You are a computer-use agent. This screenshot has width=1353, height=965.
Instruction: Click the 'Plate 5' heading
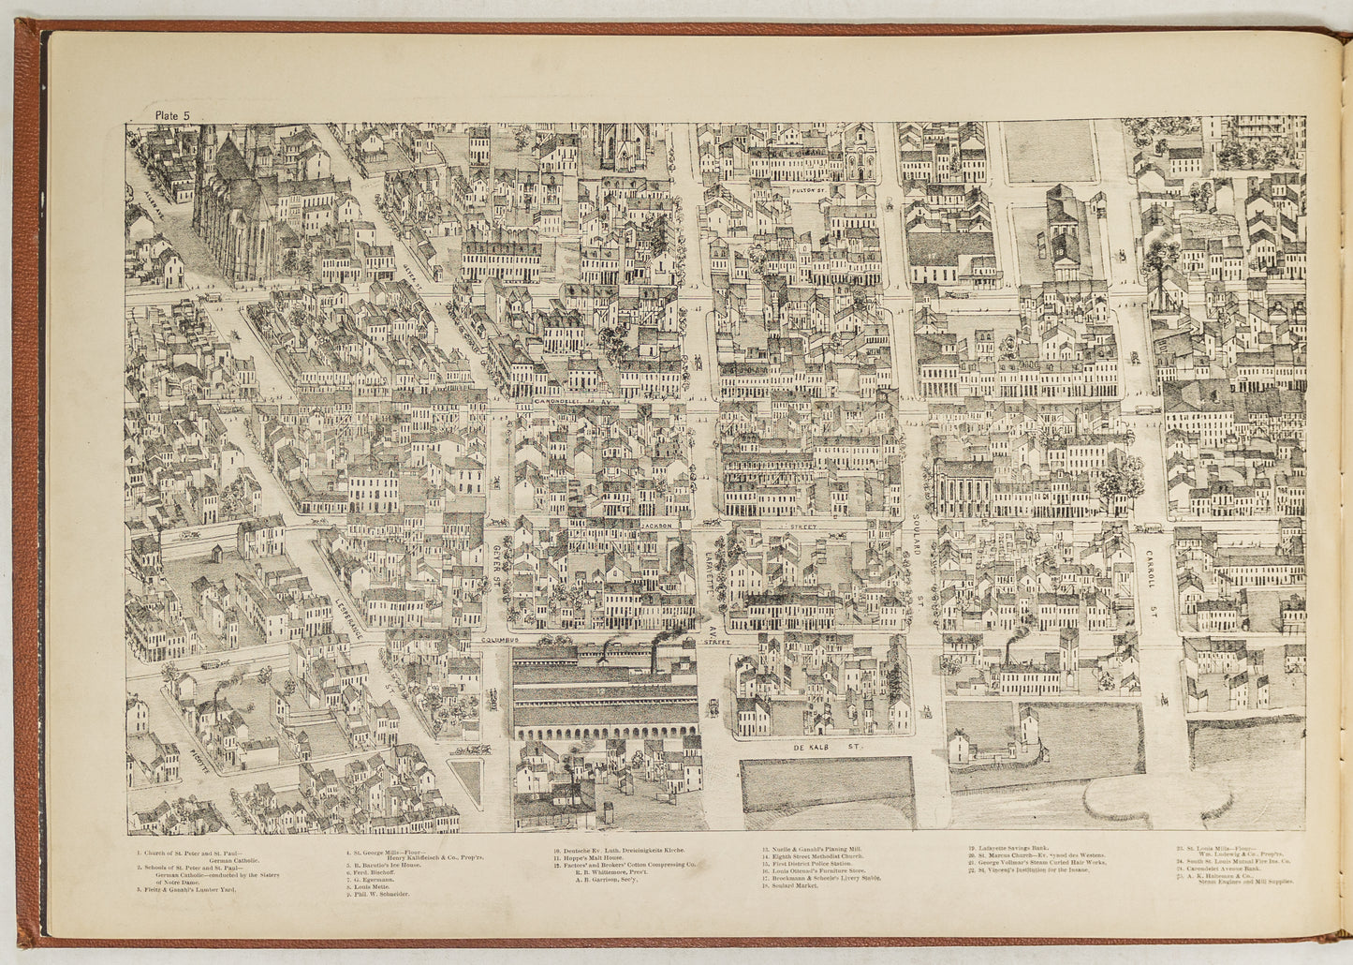pos(173,115)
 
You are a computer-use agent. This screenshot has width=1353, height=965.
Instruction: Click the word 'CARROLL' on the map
pos(1150,570)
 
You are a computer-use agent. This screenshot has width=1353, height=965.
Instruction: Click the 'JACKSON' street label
pos(657,527)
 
